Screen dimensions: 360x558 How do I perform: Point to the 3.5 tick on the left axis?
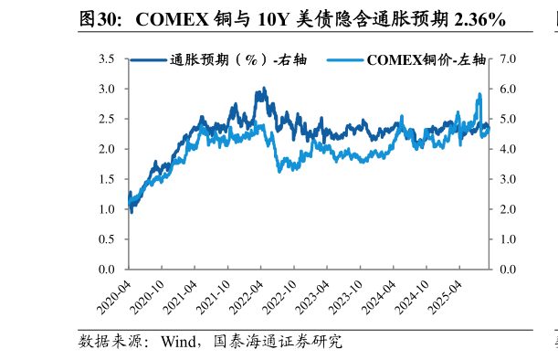point(107,59)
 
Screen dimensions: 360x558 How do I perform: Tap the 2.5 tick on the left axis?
point(107,119)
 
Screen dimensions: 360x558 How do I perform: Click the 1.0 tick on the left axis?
point(107,209)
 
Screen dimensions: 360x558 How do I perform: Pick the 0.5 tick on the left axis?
point(107,239)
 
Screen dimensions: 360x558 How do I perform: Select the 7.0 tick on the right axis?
point(508,59)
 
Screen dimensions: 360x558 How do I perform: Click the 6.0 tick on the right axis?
point(508,90)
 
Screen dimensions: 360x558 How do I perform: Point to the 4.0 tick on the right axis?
point(508,149)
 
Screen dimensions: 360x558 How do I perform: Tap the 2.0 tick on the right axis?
point(508,209)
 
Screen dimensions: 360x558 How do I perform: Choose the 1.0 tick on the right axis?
point(508,239)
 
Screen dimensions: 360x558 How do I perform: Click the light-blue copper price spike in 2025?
point(479,94)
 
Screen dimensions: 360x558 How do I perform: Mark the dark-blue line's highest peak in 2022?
point(264,89)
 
